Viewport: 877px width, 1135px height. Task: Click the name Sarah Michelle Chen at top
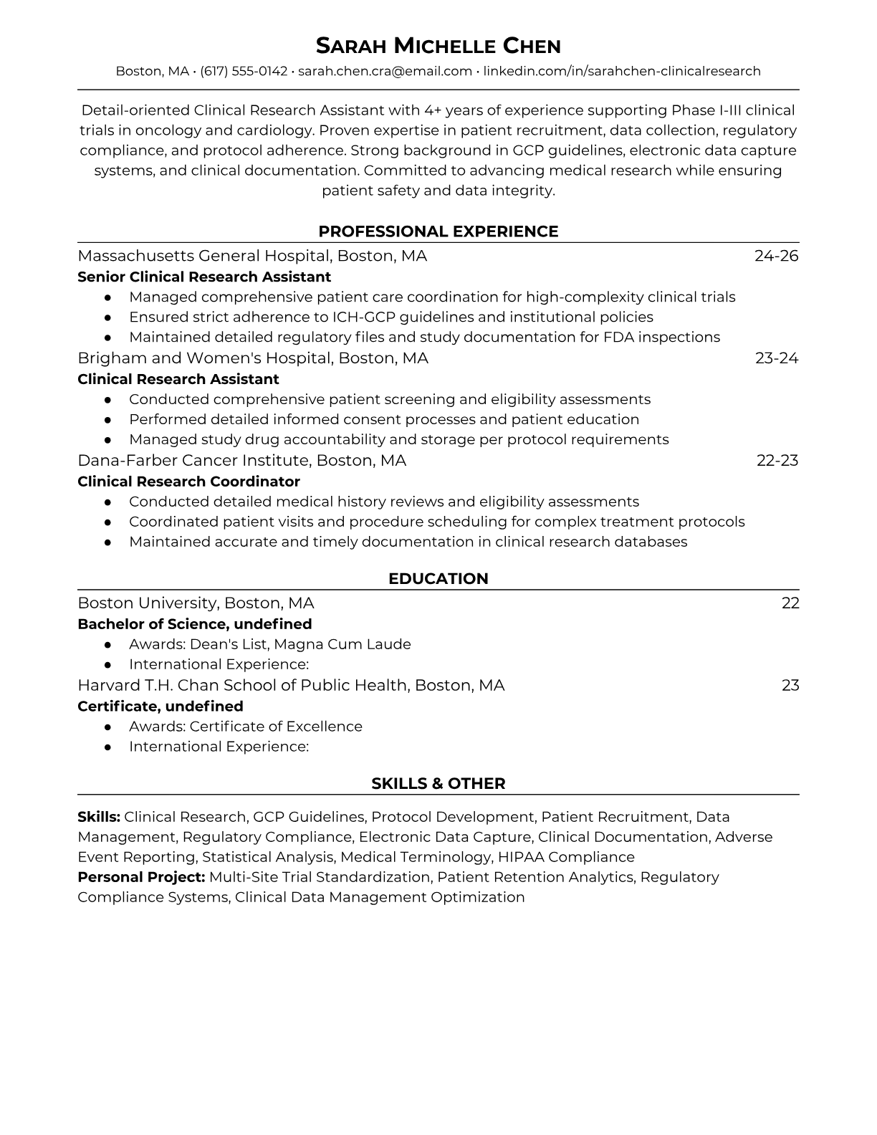click(438, 46)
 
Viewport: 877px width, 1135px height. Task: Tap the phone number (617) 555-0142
click(244, 71)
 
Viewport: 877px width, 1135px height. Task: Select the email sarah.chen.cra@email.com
click(385, 71)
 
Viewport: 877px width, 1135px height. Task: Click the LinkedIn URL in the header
click(621, 71)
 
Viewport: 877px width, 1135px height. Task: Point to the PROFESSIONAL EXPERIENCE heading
click(438, 231)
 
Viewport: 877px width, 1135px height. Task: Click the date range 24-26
click(776, 256)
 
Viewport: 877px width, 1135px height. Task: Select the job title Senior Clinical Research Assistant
click(204, 277)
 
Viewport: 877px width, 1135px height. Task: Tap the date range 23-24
click(776, 358)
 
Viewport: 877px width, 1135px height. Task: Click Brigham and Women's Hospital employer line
click(252, 358)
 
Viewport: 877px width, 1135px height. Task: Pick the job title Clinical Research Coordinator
click(188, 482)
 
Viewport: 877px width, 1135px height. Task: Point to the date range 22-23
click(777, 461)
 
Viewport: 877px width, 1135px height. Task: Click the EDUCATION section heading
click(438, 579)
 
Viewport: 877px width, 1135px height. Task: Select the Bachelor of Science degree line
click(194, 624)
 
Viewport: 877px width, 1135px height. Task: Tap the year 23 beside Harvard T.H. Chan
click(790, 686)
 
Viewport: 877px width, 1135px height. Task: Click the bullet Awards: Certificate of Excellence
click(245, 727)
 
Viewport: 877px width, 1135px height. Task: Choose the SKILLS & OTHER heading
click(438, 784)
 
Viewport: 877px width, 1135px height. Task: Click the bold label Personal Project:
click(141, 877)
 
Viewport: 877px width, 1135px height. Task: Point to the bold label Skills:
click(99, 817)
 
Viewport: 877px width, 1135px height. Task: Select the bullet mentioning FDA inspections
click(424, 337)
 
